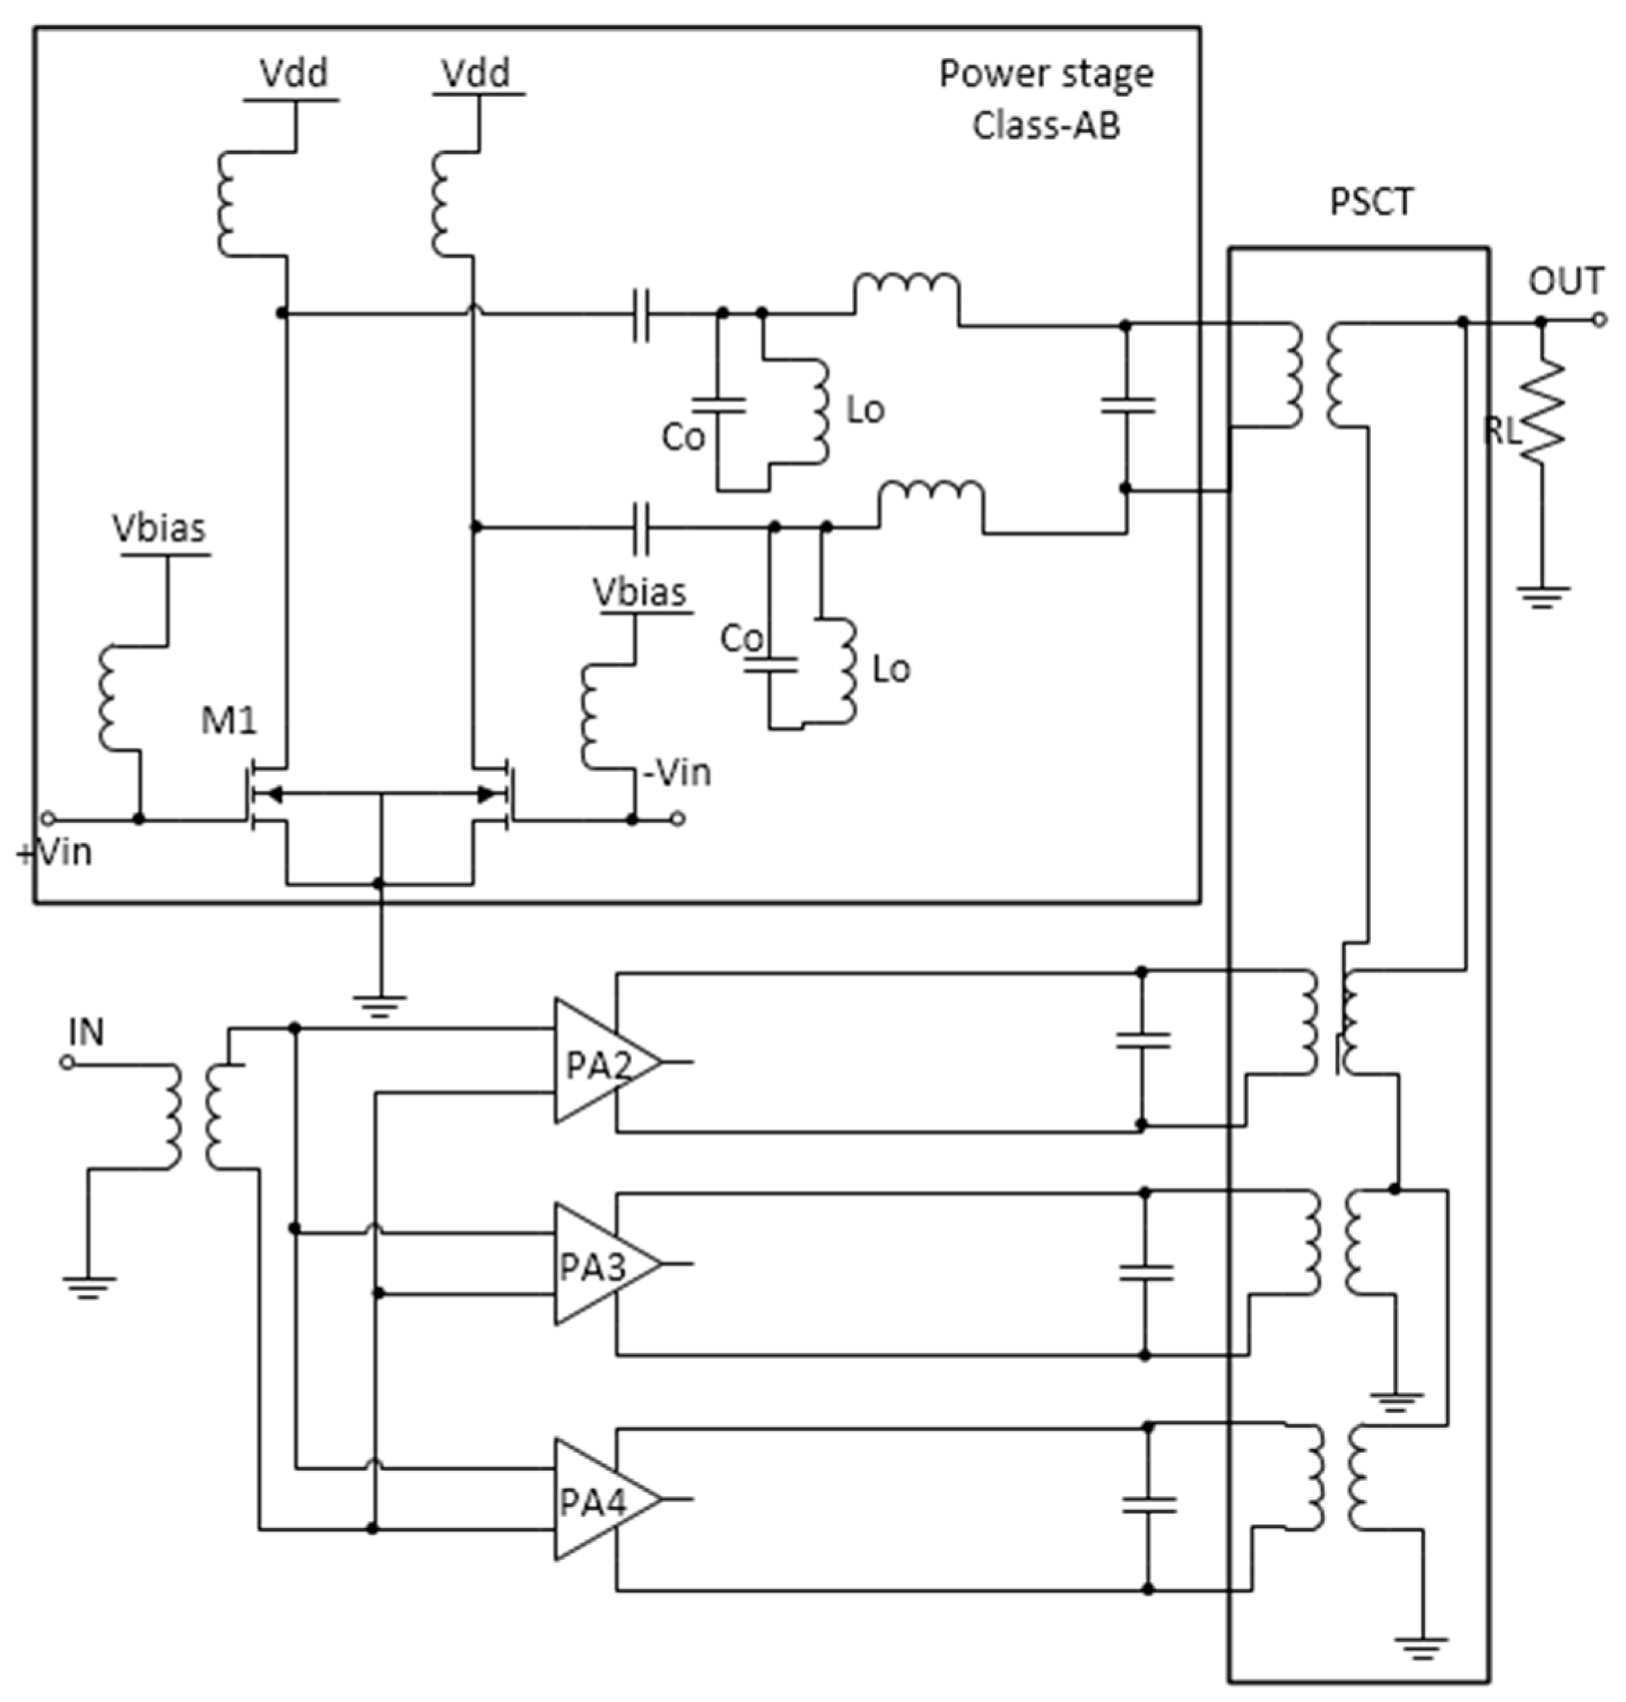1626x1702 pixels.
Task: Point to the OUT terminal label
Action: [x=1565, y=281]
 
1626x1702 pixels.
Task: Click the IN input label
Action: [x=86, y=1032]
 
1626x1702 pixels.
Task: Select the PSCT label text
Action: [x=1371, y=202]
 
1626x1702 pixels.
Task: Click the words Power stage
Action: [x=1045, y=73]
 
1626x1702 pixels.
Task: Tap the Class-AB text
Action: [x=1045, y=125]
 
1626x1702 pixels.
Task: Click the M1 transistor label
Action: [x=229, y=720]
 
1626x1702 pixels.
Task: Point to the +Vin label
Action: [x=54, y=852]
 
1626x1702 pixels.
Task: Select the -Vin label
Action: [x=677, y=772]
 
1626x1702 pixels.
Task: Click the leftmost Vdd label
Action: [x=294, y=73]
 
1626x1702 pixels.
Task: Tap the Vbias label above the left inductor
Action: [x=159, y=528]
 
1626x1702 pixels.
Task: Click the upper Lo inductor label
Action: [x=865, y=410]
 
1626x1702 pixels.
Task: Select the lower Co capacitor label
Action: [x=742, y=639]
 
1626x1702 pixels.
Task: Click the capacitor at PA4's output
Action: [x=1148, y=1504]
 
